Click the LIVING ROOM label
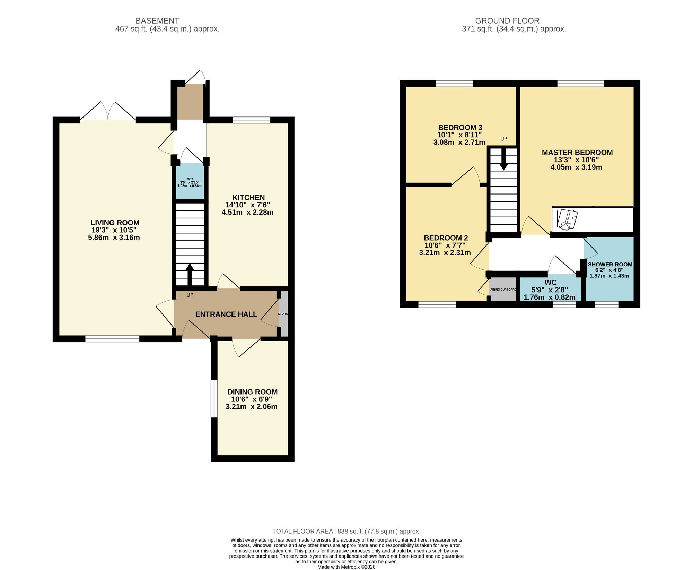point(115,223)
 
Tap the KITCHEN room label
point(248,197)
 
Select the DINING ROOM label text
point(252,392)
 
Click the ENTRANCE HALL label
point(226,314)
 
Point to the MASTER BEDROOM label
point(577,152)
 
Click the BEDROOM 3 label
point(460,127)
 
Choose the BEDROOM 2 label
point(446,238)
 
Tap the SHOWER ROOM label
point(610,264)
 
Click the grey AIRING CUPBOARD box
point(503,290)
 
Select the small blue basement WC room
point(190,182)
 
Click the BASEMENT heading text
point(157,21)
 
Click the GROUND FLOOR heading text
point(507,21)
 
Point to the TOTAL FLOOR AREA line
point(346,531)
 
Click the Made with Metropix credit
point(346,567)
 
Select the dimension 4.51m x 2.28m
point(247,212)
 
